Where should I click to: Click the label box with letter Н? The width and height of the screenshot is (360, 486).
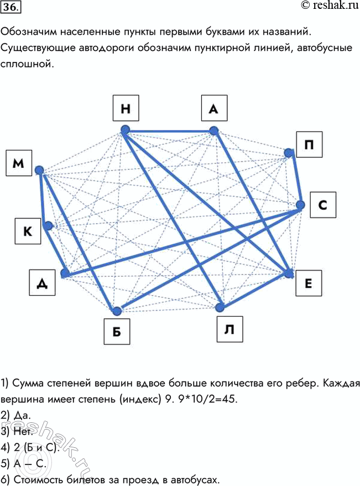pyautogui.click(x=126, y=108)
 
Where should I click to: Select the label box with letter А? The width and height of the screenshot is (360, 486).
pyautogui.click(x=214, y=108)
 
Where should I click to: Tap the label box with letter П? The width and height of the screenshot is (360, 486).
pyautogui.click(x=309, y=144)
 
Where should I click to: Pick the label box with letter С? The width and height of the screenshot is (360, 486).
pyautogui.click(x=323, y=205)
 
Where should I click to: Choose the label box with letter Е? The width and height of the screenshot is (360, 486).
pyautogui.click(x=309, y=283)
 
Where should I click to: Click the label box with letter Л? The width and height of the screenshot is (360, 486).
pyautogui.click(x=229, y=329)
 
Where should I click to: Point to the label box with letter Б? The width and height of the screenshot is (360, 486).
pyautogui.click(x=117, y=332)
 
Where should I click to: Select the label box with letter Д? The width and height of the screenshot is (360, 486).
pyautogui.click(x=43, y=282)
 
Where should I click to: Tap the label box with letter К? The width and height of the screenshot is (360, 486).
pyautogui.click(x=28, y=231)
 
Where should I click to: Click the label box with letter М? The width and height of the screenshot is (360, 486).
pyautogui.click(x=19, y=163)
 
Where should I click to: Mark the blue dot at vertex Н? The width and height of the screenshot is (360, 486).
pyautogui.click(x=125, y=130)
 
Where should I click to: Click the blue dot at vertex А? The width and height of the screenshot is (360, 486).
pyautogui.click(x=213, y=131)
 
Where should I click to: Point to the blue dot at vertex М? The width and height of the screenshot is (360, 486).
pyautogui.click(x=39, y=170)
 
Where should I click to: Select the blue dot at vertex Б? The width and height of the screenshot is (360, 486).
pyautogui.click(x=117, y=311)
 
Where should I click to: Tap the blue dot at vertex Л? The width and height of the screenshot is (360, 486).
pyautogui.click(x=220, y=307)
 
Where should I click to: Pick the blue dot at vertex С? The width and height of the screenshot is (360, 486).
pyautogui.click(x=300, y=205)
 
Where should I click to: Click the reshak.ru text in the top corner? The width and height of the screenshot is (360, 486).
pyautogui.click(x=330, y=6)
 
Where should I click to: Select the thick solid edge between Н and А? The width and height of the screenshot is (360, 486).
pyautogui.click(x=169, y=131)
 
